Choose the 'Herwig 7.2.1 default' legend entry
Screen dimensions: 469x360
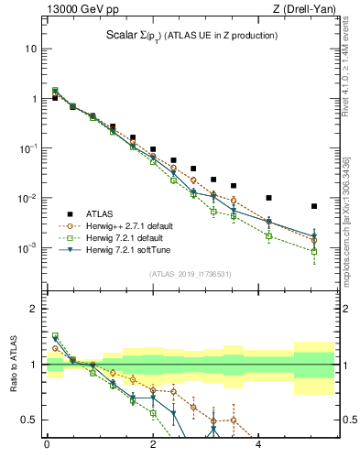pyautogui.click(x=122, y=237)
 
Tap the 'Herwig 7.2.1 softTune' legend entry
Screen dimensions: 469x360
pyautogui.click(x=124, y=249)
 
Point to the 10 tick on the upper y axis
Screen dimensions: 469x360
pyautogui.click(x=30, y=48)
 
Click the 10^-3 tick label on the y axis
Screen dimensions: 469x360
pyautogui.click(x=27, y=248)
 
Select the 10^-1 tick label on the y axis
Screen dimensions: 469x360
pyautogui.click(x=27, y=148)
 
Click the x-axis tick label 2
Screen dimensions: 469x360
pyautogui.click(x=153, y=445)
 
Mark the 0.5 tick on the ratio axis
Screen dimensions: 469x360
pyautogui.click(x=29, y=420)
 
